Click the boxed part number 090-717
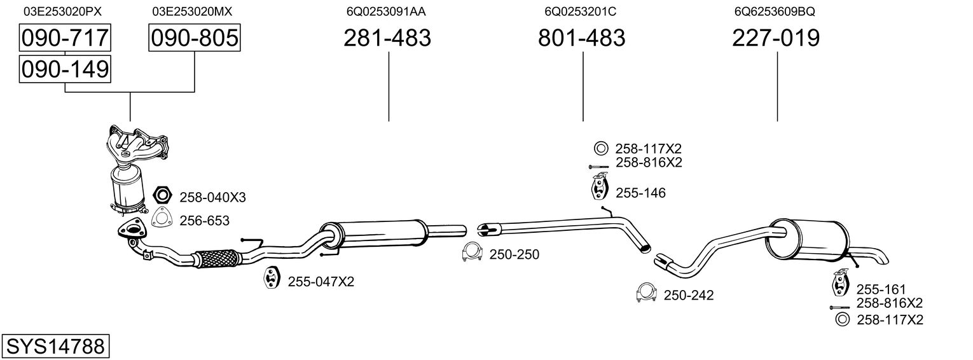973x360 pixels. click(65, 38)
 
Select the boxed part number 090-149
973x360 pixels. click(65, 69)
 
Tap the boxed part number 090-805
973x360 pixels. click(195, 38)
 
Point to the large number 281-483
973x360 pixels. click(387, 38)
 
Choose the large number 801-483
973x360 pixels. click(582, 38)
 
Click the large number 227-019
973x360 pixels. click(776, 38)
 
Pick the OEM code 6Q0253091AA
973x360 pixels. click(386, 11)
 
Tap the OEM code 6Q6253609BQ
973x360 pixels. click(775, 11)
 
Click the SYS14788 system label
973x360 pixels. click(55, 347)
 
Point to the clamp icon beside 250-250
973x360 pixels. click(472, 253)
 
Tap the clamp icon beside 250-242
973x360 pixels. click(645, 293)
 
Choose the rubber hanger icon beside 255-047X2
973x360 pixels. click(272, 279)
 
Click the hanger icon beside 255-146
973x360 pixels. click(598, 190)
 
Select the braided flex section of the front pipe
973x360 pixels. click(216, 258)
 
